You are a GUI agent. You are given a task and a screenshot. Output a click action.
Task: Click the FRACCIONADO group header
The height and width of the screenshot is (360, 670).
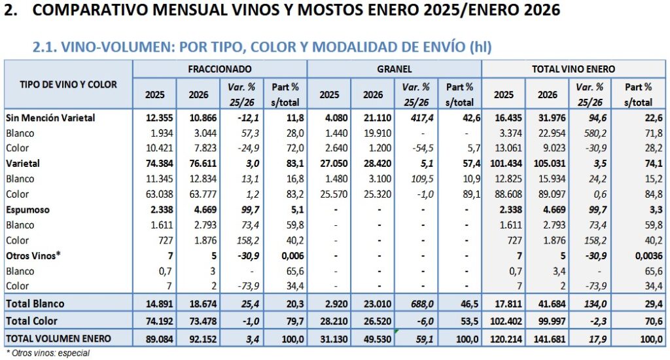coord(220,68)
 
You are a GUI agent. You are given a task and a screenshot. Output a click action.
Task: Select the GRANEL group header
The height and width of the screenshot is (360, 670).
coord(394,68)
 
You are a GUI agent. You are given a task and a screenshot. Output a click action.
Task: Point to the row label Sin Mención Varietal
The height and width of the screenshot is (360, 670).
coord(50,118)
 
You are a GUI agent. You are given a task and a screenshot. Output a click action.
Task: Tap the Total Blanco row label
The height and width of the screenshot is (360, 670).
coord(36,304)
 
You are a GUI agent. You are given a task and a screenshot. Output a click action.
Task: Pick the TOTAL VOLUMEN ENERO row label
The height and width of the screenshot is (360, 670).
coord(58,338)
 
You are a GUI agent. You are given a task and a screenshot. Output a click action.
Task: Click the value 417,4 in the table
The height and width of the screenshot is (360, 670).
coord(415,118)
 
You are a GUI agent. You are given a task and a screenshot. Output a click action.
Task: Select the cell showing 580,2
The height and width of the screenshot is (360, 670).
coord(590,133)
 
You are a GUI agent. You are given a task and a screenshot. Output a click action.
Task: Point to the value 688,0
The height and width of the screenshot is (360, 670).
coord(415,304)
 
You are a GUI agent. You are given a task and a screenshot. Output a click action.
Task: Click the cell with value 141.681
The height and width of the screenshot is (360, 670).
coord(547,338)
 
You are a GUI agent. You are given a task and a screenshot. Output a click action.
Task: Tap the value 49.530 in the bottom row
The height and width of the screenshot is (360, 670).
coord(372,338)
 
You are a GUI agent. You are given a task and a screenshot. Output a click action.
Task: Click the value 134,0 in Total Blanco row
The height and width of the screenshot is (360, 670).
coord(590,304)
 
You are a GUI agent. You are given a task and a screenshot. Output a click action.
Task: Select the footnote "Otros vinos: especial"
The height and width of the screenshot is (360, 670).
coord(47,353)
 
